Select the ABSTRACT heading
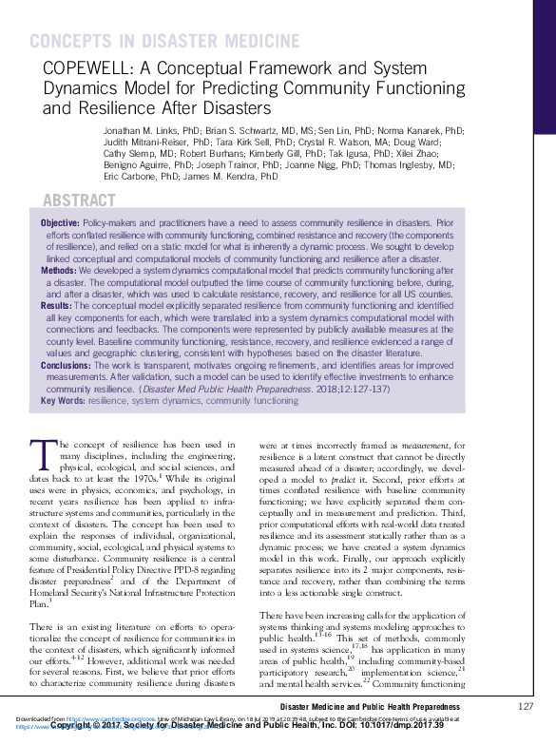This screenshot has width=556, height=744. click(80, 200)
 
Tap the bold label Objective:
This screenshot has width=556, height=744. click(61, 221)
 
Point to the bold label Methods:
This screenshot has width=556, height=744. click(59, 270)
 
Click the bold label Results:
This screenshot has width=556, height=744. click(56, 306)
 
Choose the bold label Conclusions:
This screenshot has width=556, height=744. click(67, 365)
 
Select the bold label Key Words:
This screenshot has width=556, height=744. click(63, 401)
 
